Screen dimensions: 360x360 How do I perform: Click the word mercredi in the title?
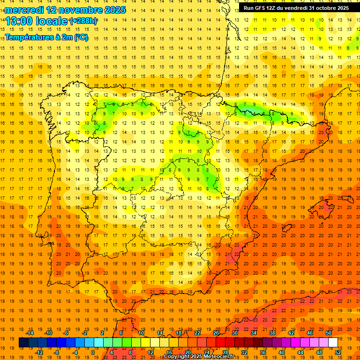[23, 9]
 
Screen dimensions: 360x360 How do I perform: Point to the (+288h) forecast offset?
[83, 21]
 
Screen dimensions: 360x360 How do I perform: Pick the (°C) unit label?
[81, 37]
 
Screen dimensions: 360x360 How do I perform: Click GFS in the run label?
[259, 8]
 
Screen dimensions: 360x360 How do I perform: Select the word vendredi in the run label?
[293, 8]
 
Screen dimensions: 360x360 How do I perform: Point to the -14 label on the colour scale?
[30, 333]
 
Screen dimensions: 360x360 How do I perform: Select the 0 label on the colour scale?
[93, 352]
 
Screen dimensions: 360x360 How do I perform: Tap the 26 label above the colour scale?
[216, 333]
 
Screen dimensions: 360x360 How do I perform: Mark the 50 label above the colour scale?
[329, 333]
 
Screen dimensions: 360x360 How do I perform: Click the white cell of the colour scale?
[333, 343]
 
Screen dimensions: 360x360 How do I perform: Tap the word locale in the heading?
[51, 21]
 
